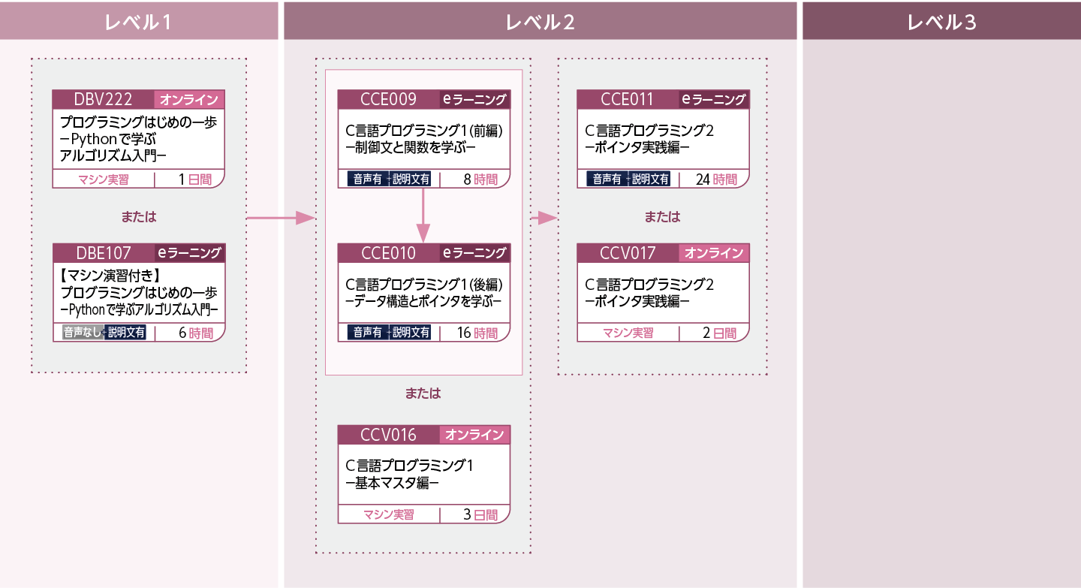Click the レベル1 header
tap(139, 23)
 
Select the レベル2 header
tap(540, 23)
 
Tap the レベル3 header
tap(941, 23)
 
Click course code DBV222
tap(104, 100)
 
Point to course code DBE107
tap(104, 253)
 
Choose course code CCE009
tap(388, 99)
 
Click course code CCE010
tap(388, 253)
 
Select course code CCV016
tap(388, 434)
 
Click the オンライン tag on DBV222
tap(189, 100)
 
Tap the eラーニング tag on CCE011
tap(713, 99)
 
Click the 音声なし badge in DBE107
tap(82, 333)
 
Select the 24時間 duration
tap(716, 179)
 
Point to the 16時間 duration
tap(477, 333)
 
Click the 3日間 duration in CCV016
tap(480, 514)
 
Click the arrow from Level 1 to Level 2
tap(280, 218)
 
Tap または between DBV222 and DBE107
tap(139, 217)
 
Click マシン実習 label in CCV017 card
tap(628, 333)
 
